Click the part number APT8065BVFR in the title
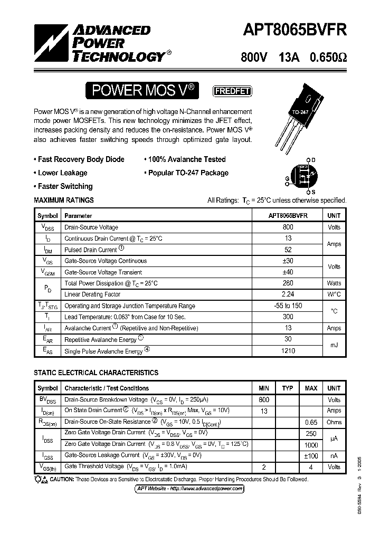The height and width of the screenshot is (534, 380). (x=294, y=31)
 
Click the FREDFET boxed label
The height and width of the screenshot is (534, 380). (x=232, y=91)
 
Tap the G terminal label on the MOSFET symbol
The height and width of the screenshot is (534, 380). (x=287, y=179)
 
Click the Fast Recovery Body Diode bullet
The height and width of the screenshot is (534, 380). (x=79, y=159)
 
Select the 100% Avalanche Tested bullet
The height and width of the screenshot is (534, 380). (x=185, y=159)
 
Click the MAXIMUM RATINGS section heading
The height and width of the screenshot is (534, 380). (x=64, y=200)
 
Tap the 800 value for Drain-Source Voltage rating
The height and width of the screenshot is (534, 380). (x=288, y=227)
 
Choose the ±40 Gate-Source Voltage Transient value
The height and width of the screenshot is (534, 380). (x=288, y=272)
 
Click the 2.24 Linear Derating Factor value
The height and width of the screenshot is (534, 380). (x=288, y=294)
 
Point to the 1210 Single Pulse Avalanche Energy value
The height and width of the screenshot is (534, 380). (x=288, y=351)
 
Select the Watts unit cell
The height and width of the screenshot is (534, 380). (x=334, y=283)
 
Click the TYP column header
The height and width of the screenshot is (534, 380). (x=287, y=388)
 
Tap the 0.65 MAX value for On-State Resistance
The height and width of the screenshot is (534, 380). (x=311, y=422)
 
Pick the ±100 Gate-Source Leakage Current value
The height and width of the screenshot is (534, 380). (x=311, y=455)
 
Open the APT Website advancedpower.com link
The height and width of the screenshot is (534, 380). (x=190, y=489)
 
